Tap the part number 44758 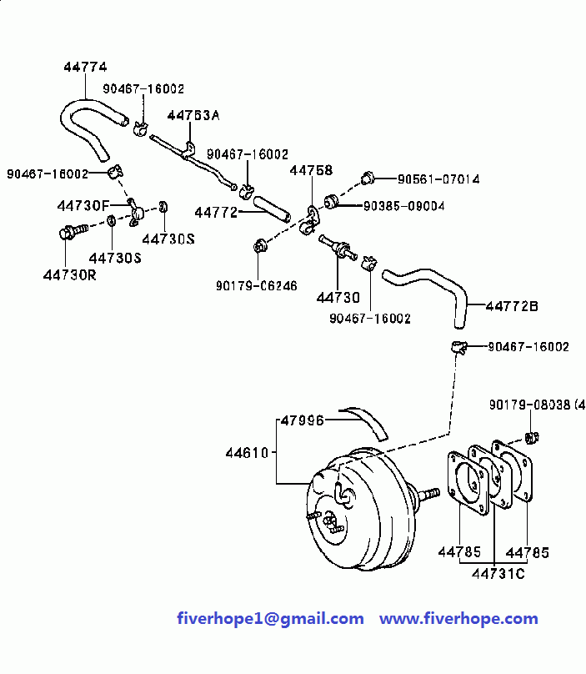[x=311, y=170]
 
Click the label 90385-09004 [x=403, y=205]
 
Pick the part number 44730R [x=70, y=274]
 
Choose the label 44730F [x=83, y=205]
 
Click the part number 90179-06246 [x=256, y=285]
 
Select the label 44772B [x=512, y=306]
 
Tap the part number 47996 [x=302, y=420]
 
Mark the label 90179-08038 [x=530, y=405]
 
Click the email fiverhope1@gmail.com [x=270, y=619]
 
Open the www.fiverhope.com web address [x=458, y=619]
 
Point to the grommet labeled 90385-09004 [x=331, y=201]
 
